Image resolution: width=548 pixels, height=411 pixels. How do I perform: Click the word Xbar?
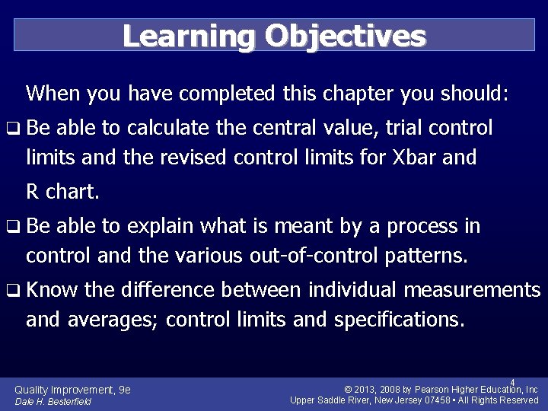pyautogui.click(x=416, y=158)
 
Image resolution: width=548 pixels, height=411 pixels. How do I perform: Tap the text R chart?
pyautogui.click(x=62, y=191)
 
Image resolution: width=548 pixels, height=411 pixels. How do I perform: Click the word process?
pyautogui.click(x=422, y=226)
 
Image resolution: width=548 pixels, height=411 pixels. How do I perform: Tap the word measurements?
pyautogui.click(x=472, y=290)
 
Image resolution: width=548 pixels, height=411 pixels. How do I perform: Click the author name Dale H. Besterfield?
pyautogui.click(x=53, y=401)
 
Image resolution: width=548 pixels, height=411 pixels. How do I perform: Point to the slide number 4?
pyautogui.click(x=512, y=382)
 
